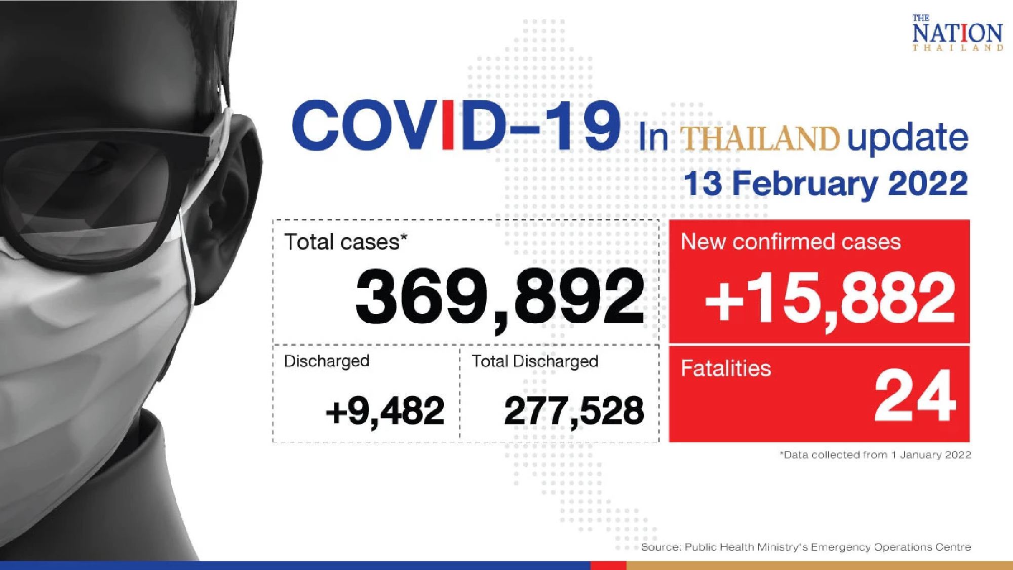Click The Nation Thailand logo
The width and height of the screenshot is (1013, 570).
957,33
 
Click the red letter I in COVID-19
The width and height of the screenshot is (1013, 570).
448,125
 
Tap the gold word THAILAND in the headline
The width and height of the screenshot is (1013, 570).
759,138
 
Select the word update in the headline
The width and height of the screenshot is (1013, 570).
908,138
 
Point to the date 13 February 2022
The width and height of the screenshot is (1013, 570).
826,183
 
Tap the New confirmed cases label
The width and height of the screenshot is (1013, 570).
791,242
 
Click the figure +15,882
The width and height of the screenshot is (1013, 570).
830,298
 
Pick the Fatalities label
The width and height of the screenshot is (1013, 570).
725,368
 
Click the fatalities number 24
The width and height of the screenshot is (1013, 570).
915,396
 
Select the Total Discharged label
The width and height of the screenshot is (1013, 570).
535,361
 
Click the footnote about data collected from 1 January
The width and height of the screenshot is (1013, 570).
875,455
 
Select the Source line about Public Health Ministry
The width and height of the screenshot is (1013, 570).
806,547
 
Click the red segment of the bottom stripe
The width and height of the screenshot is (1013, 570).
608,565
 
